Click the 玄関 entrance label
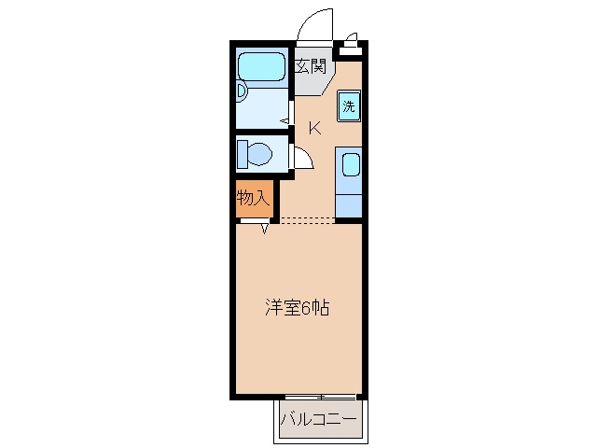(x=312, y=66)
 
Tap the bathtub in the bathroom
(x=261, y=66)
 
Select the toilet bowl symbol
(x=259, y=154)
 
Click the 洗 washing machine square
(x=348, y=106)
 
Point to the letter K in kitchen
(x=315, y=128)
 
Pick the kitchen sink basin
(x=351, y=164)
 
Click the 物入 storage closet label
(x=253, y=198)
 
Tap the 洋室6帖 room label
(x=297, y=308)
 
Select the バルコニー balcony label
(x=319, y=419)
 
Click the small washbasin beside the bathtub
(x=242, y=91)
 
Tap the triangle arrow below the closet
(x=265, y=229)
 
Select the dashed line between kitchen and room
(x=308, y=220)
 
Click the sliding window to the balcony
(x=321, y=397)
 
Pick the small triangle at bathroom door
(x=285, y=121)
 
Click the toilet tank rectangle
(x=243, y=154)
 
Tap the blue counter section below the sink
(x=348, y=206)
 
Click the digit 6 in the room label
(x=306, y=308)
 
